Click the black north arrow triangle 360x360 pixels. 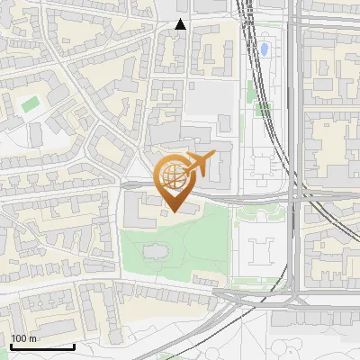181,24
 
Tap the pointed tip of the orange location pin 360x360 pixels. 173,211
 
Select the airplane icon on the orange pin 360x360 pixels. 200,164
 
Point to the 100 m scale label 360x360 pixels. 23,338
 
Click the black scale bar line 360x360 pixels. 42,346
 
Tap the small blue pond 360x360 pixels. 264,49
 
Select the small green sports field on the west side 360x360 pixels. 31,103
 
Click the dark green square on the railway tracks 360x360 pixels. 264,109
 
